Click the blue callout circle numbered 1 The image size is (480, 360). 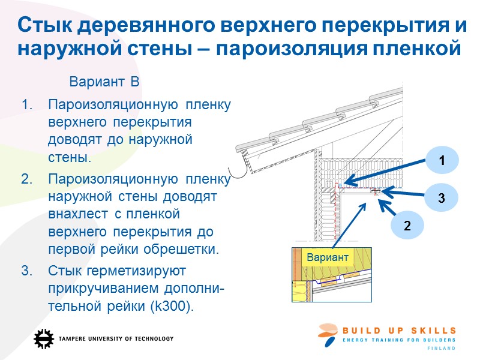click(x=442, y=161)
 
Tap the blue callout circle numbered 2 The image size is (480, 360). click(x=407, y=226)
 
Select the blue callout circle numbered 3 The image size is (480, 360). click(x=441, y=197)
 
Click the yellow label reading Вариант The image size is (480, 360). click(x=328, y=257)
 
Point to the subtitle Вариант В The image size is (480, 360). click(x=104, y=81)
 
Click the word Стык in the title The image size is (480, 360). click(x=49, y=25)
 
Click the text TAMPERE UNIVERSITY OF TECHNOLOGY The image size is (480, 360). click(x=116, y=338)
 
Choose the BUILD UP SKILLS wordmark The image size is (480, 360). click(x=400, y=331)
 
